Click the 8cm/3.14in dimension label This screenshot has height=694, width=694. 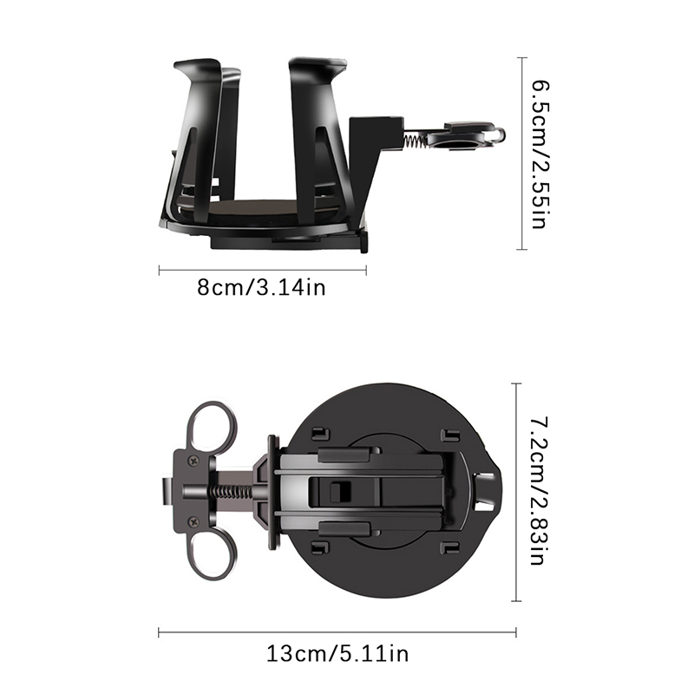tap(261, 288)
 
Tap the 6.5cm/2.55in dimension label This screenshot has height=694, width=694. tap(540, 154)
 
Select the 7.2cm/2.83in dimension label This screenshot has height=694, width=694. tap(540, 491)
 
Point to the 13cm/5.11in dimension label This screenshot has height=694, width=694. tap(337, 654)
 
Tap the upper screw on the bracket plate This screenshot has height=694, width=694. tap(193, 462)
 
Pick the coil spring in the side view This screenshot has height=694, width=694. tap(416, 141)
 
